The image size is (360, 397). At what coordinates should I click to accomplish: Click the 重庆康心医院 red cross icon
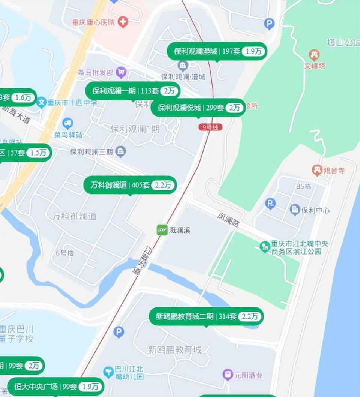click(122, 22)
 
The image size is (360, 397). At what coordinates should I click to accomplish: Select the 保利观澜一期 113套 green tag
click(133, 91)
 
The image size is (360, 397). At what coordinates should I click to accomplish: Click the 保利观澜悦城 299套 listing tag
click(198, 108)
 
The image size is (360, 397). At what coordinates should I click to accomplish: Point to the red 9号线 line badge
click(210, 127)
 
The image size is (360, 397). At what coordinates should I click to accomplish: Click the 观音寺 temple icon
click(317, 170)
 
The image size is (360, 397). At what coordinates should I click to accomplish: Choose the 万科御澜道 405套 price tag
click(130, 185)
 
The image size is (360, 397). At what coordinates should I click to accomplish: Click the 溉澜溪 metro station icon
click(162, 230)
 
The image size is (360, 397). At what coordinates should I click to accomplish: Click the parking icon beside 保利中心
click(270, 204)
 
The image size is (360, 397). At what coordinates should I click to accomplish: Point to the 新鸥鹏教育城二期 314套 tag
click(206, 316)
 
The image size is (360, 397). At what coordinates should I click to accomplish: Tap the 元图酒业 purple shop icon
click(228, 374)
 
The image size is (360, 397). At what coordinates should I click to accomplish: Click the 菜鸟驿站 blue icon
click(68, 123)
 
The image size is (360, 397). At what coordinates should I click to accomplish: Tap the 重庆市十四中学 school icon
click(42, 102)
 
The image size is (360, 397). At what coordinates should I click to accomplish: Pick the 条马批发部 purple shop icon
click(121, 72)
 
